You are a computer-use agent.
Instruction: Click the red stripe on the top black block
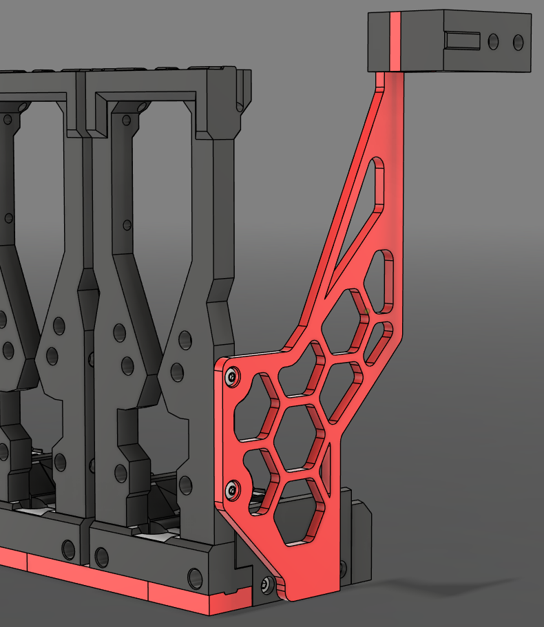click(395, 41)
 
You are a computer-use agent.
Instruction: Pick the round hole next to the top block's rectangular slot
click(493, 41)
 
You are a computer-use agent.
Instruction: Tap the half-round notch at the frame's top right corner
click(240, 107)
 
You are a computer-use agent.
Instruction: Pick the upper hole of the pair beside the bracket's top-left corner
click(185, 339)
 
